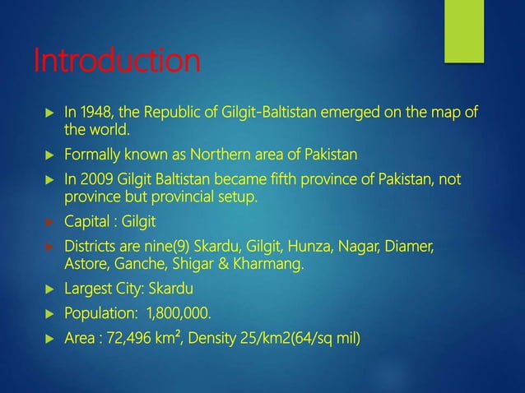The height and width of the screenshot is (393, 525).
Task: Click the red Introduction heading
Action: pyautogui.click(x=115, y=61)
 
